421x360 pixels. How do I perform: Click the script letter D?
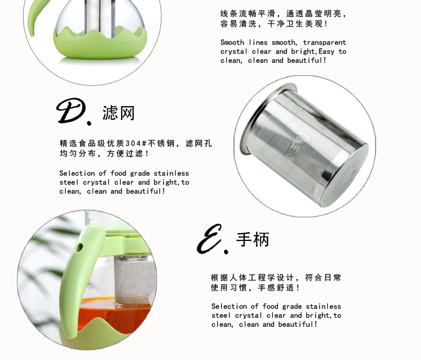[x=71, y=111]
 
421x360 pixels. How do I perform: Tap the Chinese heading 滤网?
[x=118, y=113]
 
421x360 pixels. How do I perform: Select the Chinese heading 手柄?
[x=253, y=239]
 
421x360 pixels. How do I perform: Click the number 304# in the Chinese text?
[x=136, y=143]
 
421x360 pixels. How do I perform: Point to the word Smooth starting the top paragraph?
[x=232, y=43]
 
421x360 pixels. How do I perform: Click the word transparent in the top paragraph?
[x=324, y=43]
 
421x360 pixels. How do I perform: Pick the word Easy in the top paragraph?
[x=327, y=51]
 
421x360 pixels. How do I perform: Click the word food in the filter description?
[x=118, y=174]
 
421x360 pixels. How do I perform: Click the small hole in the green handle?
[x=79, y=248]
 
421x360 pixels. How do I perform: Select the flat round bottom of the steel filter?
[x=344, y=176]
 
